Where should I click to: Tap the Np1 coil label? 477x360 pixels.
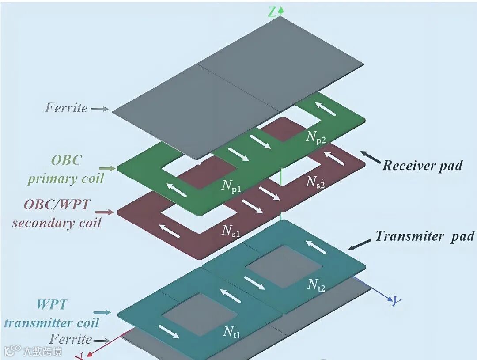coord(231,187)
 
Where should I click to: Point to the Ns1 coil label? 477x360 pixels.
coord(231,230)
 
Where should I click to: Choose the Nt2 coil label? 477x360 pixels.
coord(317,285)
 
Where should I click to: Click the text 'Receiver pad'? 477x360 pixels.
coord(422,166)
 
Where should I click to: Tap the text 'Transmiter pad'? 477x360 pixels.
coord(424,236)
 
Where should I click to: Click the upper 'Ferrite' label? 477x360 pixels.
coord(66,108)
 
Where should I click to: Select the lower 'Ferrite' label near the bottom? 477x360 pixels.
coord(71,339)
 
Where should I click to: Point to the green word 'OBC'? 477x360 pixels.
coord(66,160)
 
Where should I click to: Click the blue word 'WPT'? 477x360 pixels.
coord(52,305)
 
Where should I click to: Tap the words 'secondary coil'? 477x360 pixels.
coord(57,222)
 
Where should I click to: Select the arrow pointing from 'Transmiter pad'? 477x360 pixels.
coord(360,244)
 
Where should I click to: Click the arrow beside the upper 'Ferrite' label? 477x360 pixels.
coord(99,109)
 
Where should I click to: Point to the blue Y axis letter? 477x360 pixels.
coord(397,302)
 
